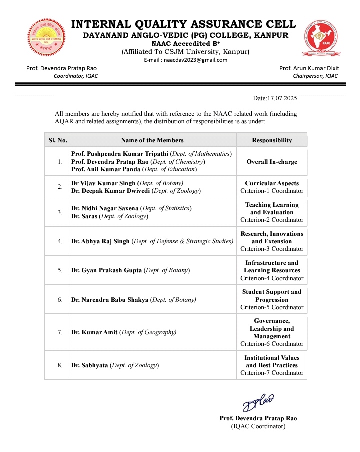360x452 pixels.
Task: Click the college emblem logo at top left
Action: (x=46, y=37)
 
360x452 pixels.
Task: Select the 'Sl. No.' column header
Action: (x=58, y=140)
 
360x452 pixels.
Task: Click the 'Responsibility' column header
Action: (x=272, y=140)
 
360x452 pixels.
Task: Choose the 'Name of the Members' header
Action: (x=152, y=140)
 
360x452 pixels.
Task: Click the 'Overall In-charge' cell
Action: (x=272, y=162)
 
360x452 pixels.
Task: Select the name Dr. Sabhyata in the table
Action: (x=90, y=365)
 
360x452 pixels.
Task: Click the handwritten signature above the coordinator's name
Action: (x=258, y=402)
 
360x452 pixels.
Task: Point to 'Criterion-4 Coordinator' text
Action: (x=272, y=278)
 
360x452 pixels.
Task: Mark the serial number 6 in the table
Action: (x=60, y=300)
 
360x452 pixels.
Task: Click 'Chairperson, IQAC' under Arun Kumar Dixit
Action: (x=315, y=76)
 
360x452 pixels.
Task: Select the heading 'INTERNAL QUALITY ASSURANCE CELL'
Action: (x=184, y=24)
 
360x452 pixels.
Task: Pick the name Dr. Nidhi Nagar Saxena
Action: (x=105, y=208)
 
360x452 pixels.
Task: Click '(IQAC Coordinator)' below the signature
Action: (x=258, y=426)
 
